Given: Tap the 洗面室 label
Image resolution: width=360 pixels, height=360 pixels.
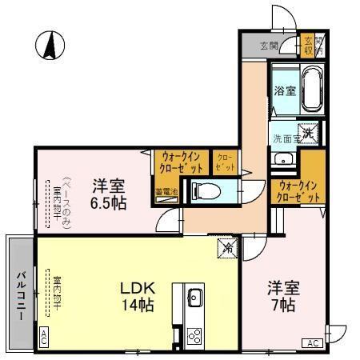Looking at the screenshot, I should (x=284, y=138).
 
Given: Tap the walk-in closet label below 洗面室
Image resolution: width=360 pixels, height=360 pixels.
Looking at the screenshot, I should (x=299, y=190).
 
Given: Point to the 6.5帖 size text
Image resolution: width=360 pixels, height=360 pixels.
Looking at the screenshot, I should (x=106, y=204).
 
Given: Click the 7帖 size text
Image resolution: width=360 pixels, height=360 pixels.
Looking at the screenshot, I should (x=282, y=306).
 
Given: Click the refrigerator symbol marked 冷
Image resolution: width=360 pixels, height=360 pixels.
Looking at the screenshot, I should (x=226, y=248).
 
